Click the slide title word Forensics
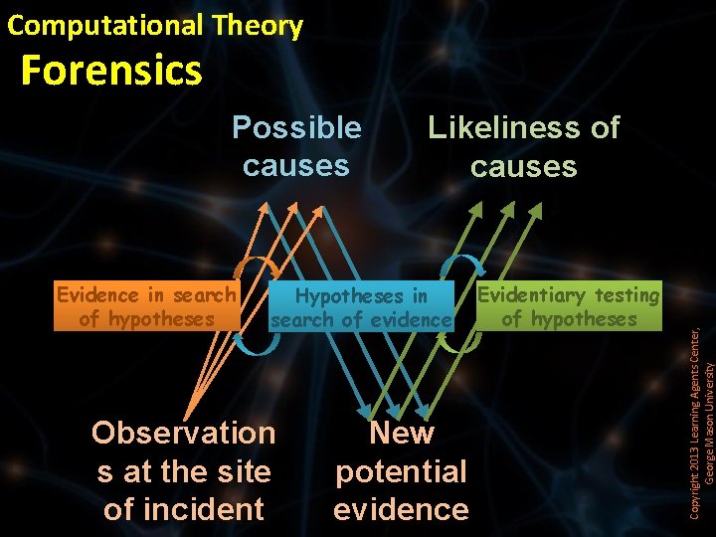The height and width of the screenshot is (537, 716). click(110, 71)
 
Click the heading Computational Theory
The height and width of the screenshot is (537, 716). click(155, 25)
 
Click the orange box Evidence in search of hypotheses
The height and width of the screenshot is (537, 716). click(146, 306)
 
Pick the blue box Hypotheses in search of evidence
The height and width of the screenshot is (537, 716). click(361, 307)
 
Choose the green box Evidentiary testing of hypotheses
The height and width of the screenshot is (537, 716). click(568, 306)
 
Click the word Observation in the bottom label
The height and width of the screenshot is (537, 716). click(183, 433)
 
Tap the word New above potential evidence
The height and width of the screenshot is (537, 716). click(401, 433)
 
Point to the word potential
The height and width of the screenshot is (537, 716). click(401, 471)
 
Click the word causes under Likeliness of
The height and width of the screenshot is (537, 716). click(523, 166)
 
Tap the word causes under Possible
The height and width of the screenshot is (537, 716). click(296, 165)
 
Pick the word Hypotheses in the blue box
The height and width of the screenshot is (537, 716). click(348, 296)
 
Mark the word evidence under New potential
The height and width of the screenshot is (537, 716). click(401, 509)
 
